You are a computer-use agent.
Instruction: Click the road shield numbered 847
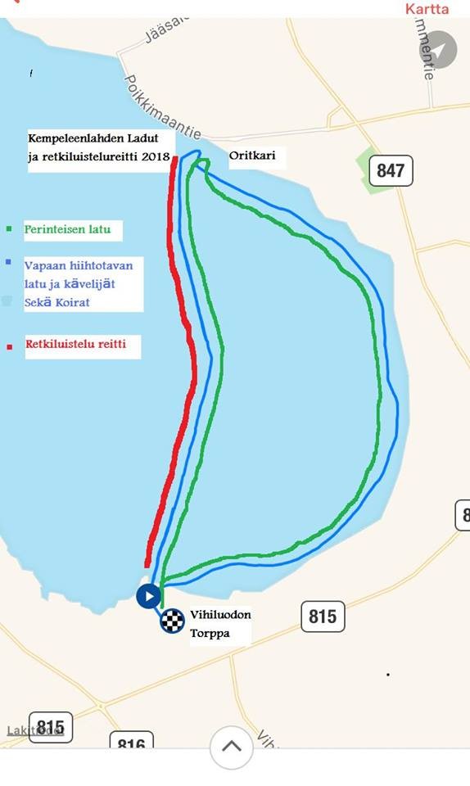pos(391,170)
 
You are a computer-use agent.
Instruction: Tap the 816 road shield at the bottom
pos(131,743)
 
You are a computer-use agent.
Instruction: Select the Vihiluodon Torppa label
pos(220,623)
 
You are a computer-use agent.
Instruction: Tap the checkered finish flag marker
pos(172,621)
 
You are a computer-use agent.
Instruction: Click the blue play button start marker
pos(148,596)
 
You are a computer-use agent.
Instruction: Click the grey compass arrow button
pos(440,50)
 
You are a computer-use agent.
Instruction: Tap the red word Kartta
pos(427,9)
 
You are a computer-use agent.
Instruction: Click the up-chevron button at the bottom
pos(231,747)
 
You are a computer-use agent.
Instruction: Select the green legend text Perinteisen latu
pos(67,230)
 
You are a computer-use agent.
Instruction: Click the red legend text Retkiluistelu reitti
pos(75,345)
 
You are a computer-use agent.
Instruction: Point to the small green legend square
pos(9,230)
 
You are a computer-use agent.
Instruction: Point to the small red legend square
pos(9,346)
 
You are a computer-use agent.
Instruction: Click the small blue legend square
pos(7,263)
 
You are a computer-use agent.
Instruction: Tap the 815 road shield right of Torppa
pos(323,616)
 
